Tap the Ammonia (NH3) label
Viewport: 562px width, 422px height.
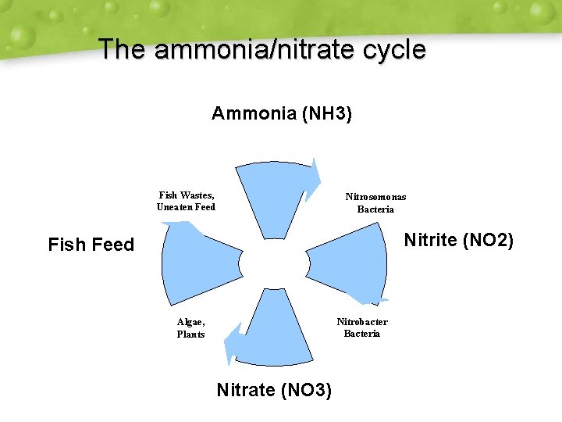282,114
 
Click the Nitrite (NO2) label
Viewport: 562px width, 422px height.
458,240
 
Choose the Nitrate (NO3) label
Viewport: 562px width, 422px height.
274,389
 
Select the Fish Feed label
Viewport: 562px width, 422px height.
91,245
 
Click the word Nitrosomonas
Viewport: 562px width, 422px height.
375,197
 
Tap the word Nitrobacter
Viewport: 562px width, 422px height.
362,321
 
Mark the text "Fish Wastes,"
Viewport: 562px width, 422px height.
187,195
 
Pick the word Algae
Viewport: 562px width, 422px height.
191,321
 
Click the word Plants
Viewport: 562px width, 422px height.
191,334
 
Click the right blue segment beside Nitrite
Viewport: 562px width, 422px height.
351,262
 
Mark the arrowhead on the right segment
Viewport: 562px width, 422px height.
367,298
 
